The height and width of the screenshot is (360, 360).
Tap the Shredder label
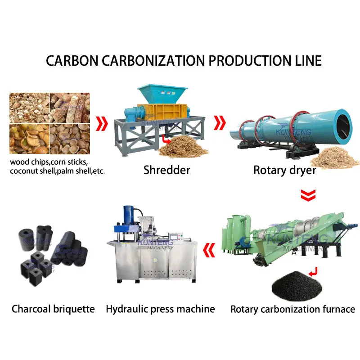166,170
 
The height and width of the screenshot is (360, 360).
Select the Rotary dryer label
284,170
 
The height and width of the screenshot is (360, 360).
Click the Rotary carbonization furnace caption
292,309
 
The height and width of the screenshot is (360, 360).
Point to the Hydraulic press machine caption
160,309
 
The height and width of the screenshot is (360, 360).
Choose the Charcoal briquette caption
53,309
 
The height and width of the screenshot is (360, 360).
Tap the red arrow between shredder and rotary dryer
220,121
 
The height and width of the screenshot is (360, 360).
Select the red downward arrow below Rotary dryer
308,195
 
